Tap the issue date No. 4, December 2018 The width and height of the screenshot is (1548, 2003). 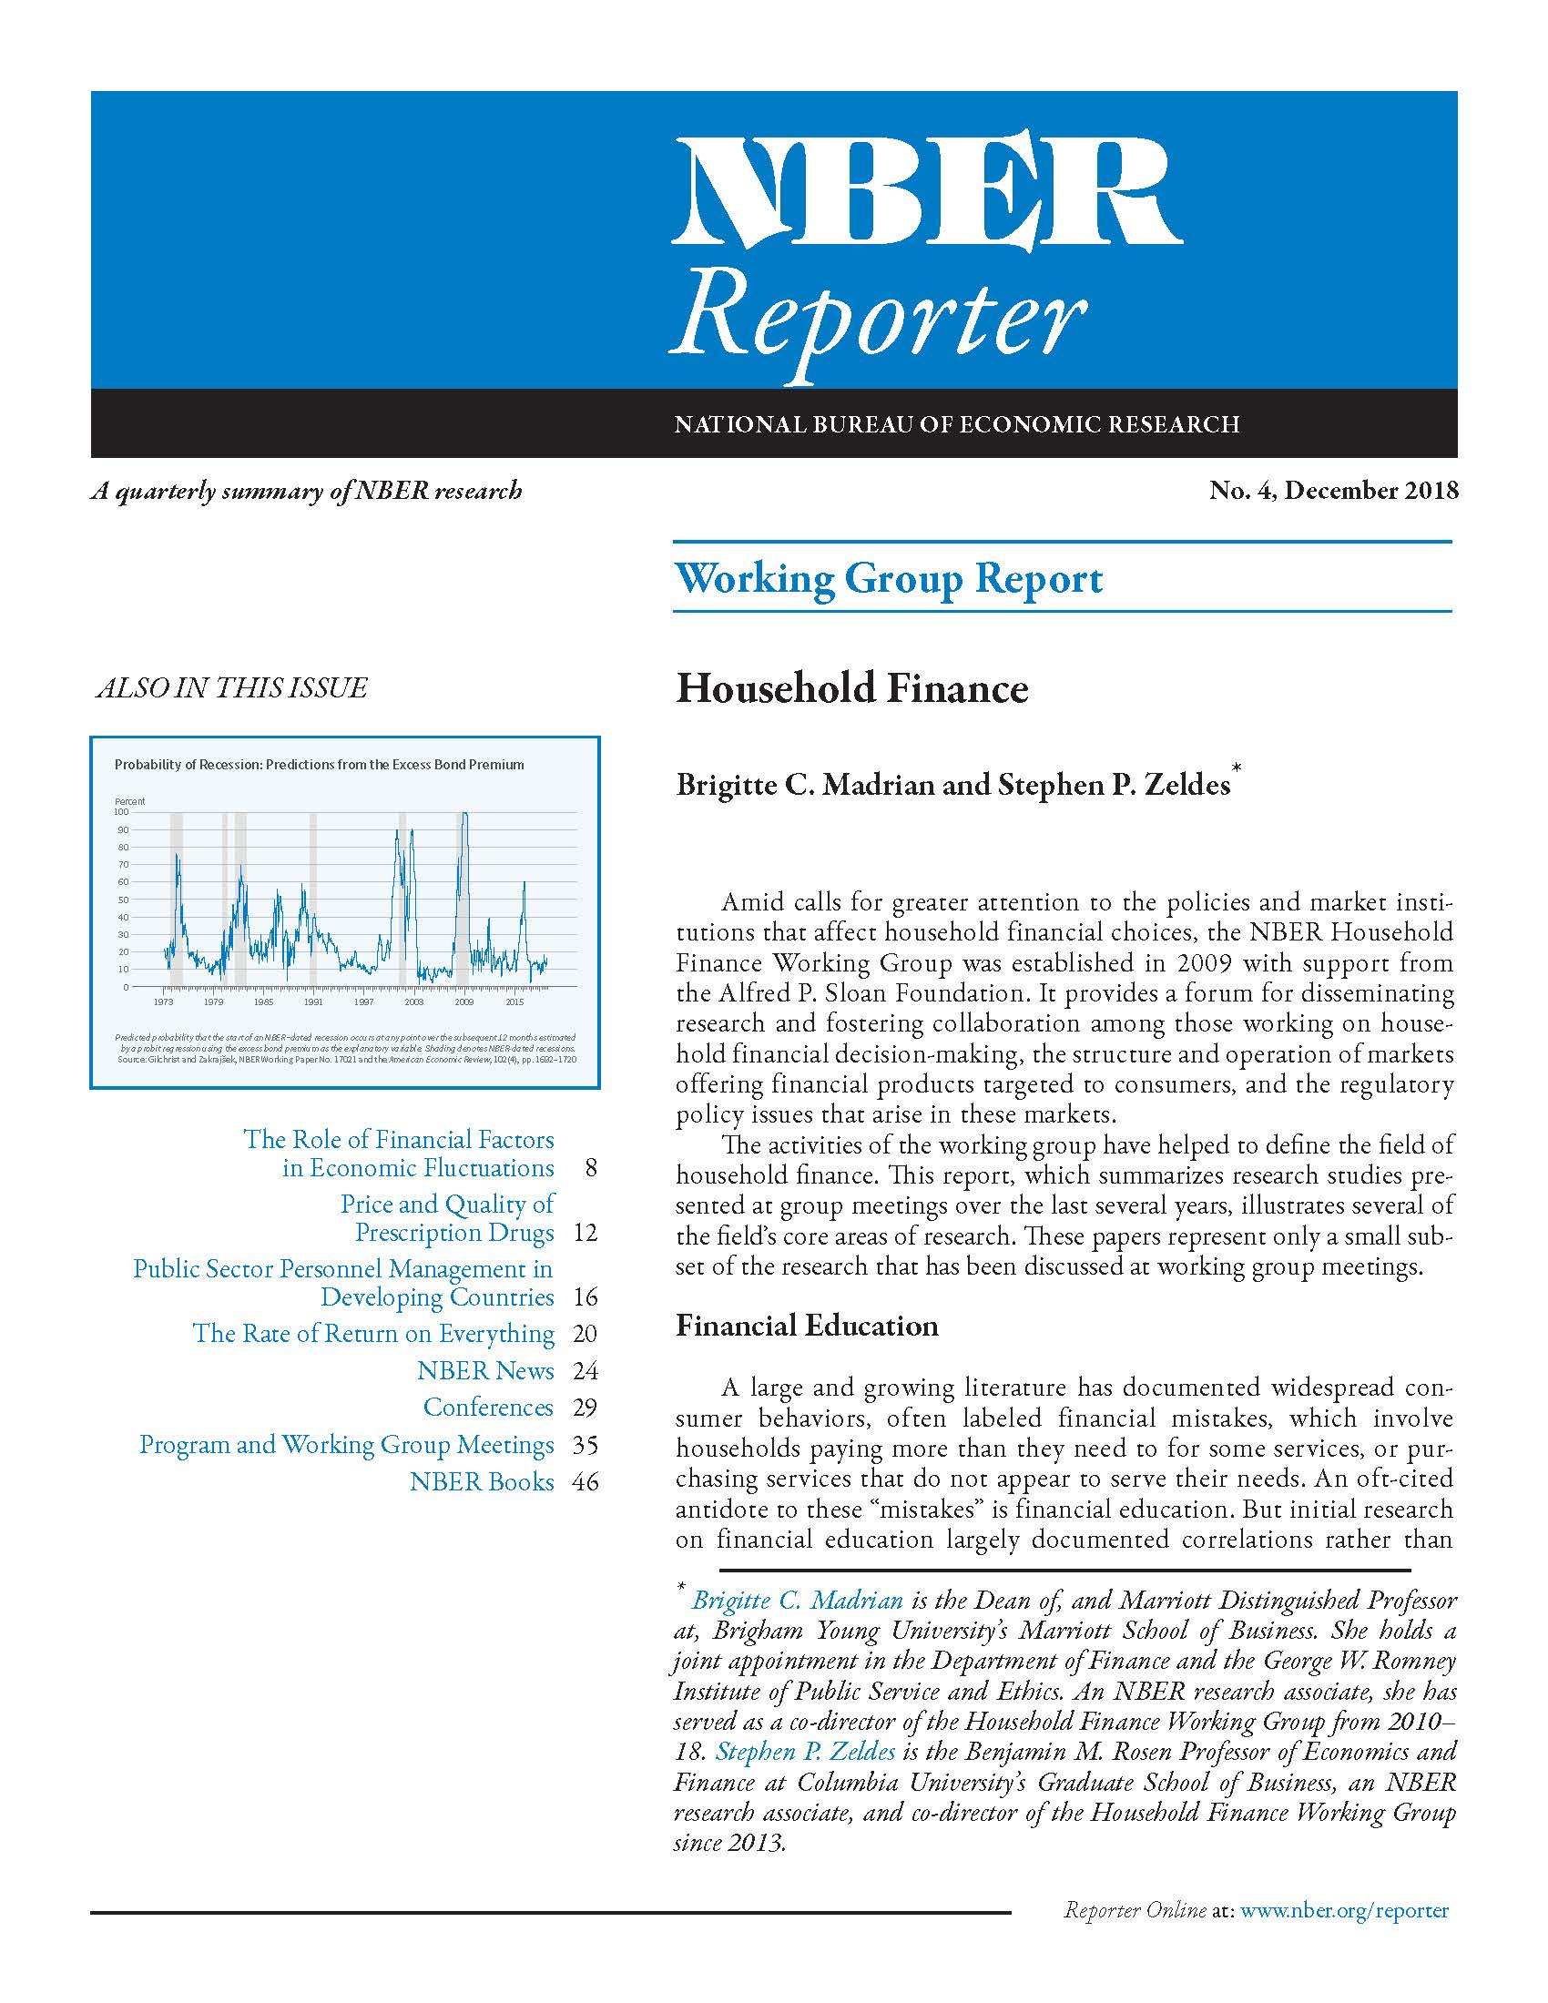[x=1332, y=491]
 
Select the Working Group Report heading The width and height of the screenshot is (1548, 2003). [x=889, y=579]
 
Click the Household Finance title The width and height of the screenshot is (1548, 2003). [x=852, y=689]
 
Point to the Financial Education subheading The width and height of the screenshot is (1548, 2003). [x=807, y=1326]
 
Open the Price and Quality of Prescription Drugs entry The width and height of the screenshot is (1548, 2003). [x=447, y=1218]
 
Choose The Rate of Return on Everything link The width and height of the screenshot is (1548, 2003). [x=373, y=1334]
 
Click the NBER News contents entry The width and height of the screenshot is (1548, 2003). [x=485, y=1371]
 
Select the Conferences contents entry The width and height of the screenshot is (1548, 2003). [x=488, y=1408]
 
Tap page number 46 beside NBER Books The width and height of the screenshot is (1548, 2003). [x=586, y=1482]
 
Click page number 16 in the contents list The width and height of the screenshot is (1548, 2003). [x=586, y=1297]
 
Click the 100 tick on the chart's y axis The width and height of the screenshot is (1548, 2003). [x=121, y=811]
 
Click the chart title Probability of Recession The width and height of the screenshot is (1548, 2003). [x=319, y=764]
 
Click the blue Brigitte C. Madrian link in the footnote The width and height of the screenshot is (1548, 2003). [x=797, y=1601]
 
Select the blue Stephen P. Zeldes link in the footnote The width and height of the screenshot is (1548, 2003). [x=805, y=1753]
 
